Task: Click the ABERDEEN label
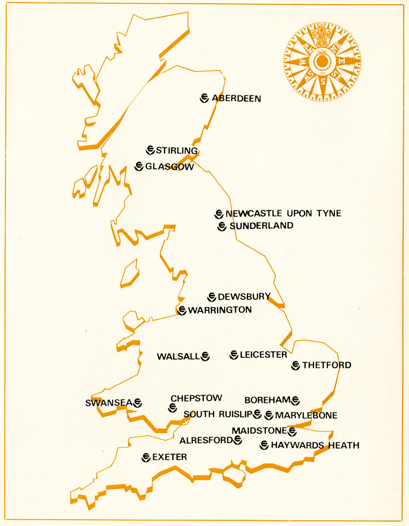236,98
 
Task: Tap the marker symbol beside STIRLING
150,150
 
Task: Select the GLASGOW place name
169,166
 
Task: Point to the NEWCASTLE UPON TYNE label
283,213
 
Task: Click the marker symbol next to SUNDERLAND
222,226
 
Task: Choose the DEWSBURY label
244,297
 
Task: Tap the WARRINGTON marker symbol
182,310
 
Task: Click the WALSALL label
178,357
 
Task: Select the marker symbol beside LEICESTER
234,355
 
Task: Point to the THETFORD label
327,365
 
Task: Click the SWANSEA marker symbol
138,403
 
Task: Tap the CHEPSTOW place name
196,398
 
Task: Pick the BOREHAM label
268,400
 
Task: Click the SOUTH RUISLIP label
218,414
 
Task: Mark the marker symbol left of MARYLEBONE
269,415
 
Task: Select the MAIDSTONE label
259,431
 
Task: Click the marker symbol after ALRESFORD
238,440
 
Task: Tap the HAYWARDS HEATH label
315,445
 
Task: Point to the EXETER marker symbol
146,457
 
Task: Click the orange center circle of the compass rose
322,61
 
